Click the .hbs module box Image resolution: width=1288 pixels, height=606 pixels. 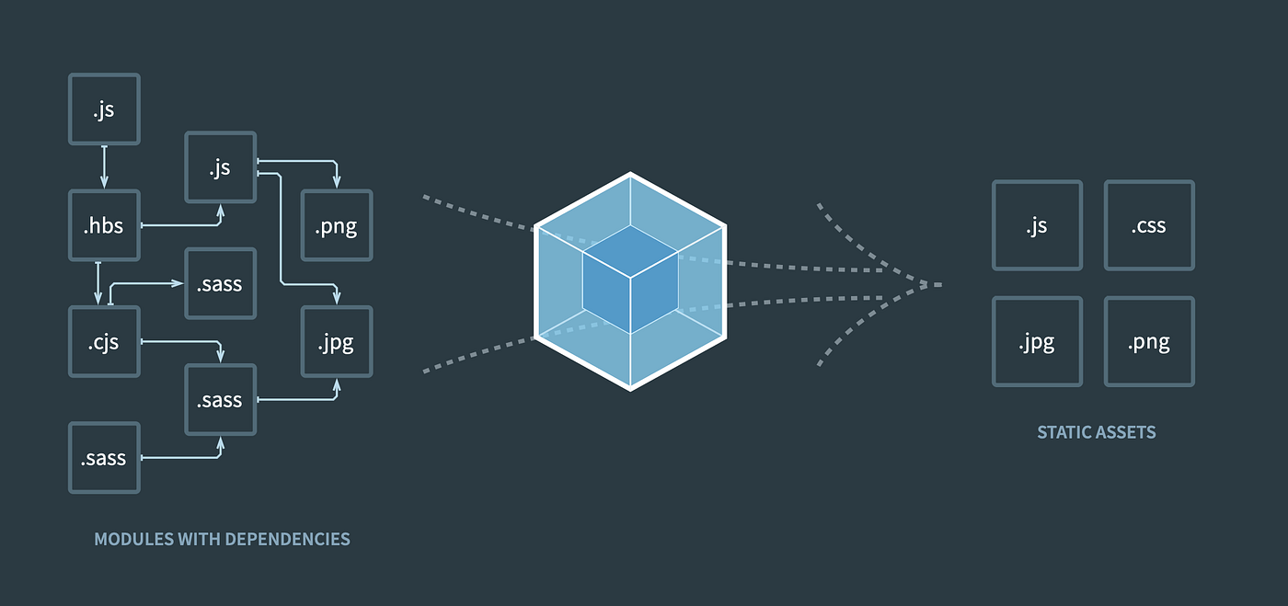104,225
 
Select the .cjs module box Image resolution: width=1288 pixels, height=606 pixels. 104,341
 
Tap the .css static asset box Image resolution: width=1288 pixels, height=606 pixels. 1149,225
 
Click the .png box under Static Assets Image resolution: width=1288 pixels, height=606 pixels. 1149,341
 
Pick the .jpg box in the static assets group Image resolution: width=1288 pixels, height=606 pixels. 1037,341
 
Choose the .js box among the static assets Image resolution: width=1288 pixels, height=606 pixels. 1037,225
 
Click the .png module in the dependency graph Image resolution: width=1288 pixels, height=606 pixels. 337,225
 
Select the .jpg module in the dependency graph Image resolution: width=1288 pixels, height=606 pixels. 337,341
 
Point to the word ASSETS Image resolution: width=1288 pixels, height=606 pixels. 1126,432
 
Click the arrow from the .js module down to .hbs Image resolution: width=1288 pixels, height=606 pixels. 104,166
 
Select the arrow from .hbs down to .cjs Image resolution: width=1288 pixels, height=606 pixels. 98,283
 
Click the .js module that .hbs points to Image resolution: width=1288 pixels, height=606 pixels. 220,167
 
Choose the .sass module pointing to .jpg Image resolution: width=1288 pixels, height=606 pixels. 220,399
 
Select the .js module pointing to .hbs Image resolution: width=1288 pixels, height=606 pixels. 104,109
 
